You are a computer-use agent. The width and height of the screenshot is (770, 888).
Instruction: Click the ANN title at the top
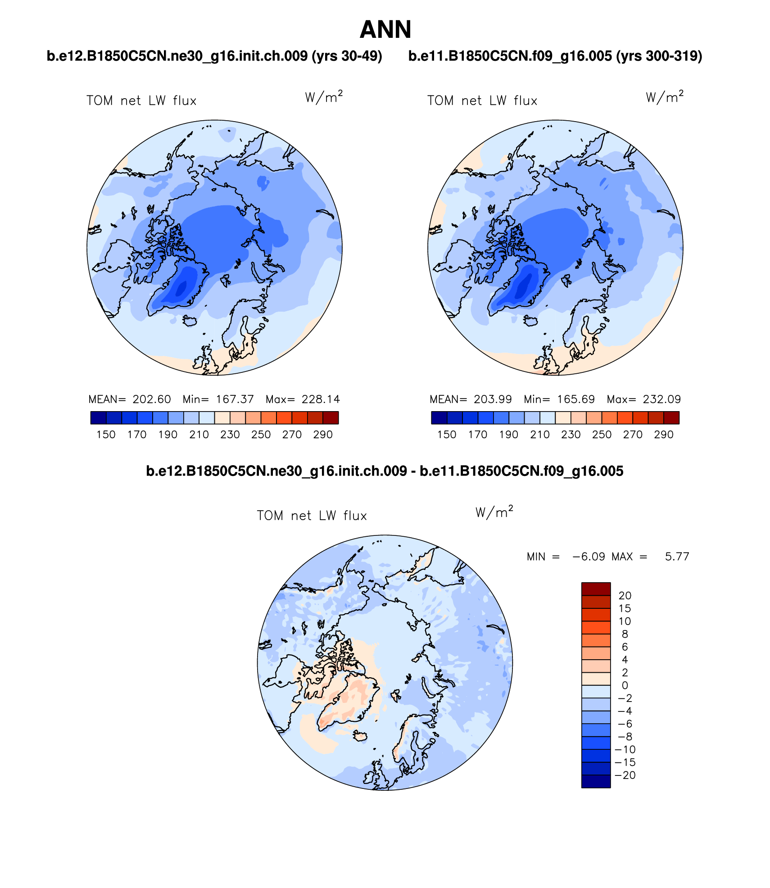(385, 30)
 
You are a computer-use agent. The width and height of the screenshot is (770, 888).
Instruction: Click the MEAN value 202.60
(152, 399)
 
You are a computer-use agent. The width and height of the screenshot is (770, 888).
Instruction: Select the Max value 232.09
(661, 399)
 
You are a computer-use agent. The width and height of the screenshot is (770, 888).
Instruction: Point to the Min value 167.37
(235, 399)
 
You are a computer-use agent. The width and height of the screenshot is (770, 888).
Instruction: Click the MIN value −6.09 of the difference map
(589, 557)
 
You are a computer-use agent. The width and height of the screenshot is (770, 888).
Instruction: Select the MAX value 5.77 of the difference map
(677, 557)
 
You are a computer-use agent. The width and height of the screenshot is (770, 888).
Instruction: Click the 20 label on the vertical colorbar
(625, 595)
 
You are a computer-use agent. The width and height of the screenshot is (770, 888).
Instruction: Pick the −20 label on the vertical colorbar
(625, 775)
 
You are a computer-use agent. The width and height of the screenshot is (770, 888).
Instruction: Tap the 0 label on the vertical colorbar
(625, 685)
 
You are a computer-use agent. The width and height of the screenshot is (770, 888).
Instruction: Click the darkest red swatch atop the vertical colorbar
(596, 589)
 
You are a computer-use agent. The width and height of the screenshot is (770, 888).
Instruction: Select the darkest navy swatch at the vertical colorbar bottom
(596, 781)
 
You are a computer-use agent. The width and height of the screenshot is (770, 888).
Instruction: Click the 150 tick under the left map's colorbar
(106, 435)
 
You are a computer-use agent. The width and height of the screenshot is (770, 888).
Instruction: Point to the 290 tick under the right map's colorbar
(664, 435)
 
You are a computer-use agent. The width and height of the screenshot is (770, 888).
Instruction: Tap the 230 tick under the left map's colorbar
(230, 435)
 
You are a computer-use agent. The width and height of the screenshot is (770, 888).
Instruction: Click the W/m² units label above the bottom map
(494, 512)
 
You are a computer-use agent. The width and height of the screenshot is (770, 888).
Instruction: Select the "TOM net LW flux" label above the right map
(482, 100)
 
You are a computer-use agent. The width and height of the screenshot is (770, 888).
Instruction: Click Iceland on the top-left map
(190, 321)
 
